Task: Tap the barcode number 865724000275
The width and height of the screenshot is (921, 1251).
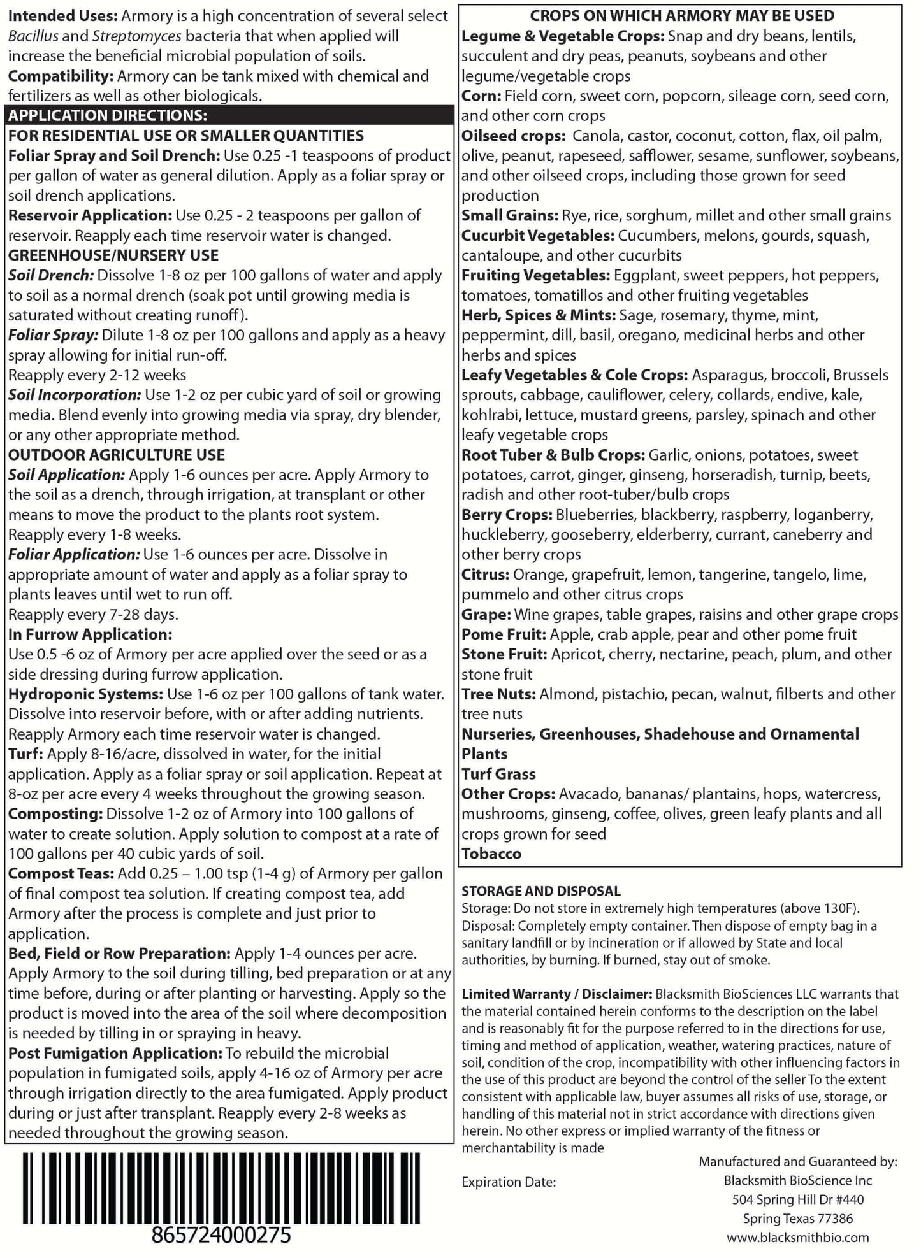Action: click(221, 1235)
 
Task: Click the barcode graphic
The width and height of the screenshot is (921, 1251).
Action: click(229, 1186)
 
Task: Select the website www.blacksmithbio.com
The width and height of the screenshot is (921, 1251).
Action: click(797, 1237)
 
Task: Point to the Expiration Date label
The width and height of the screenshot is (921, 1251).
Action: click(508, 1182)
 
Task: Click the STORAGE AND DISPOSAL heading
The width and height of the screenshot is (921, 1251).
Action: click(540, 890)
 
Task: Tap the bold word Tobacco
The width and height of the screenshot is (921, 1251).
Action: click(491, 854)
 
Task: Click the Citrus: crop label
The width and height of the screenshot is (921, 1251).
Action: click(485, 575)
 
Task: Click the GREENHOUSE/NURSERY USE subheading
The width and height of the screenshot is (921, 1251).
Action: click(113, 255)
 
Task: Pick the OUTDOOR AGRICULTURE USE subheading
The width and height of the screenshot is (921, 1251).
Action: click(117, 455)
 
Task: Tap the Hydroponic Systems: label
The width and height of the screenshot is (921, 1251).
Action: click(85, 694)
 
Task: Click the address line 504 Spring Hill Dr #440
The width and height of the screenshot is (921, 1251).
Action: click(797, 1199)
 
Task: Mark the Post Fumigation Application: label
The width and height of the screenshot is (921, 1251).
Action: click(114, 1053)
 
